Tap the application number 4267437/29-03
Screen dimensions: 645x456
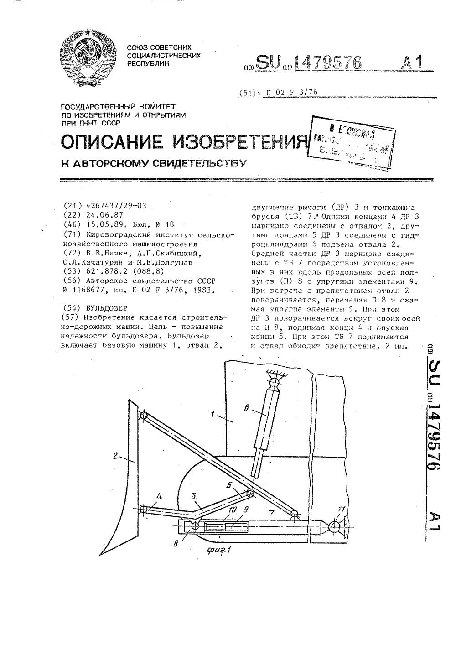pos(116,206)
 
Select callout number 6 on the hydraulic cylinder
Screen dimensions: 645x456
pos(246,409)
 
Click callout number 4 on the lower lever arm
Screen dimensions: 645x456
pos(159,496)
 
